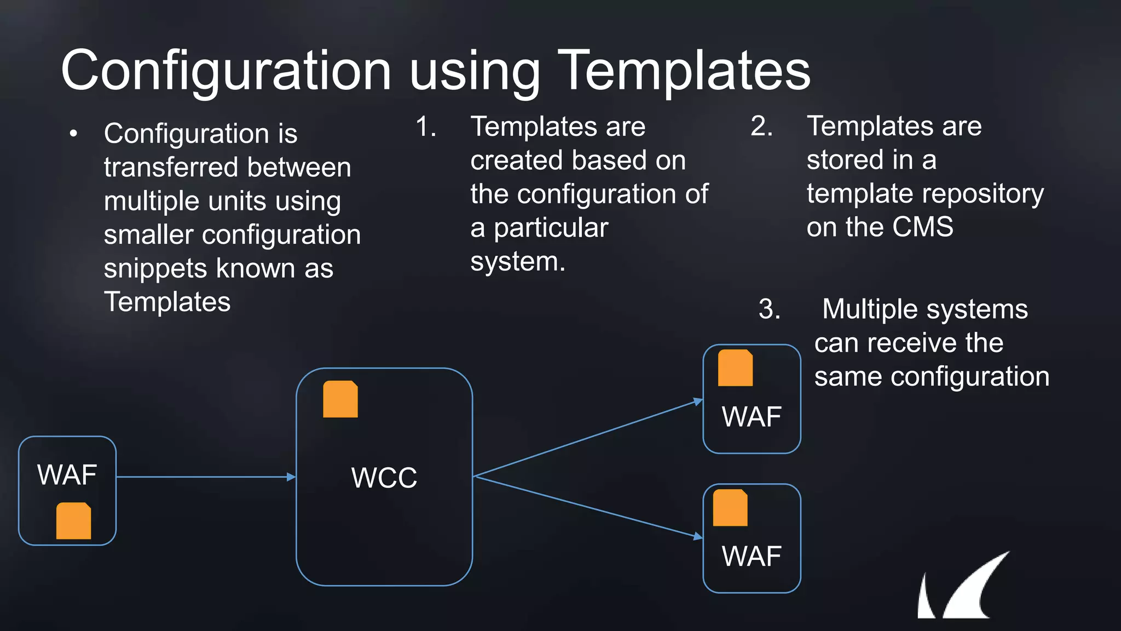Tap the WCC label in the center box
click(x=384, y=478)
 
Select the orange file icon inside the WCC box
click(x=340, y=399)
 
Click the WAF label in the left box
click(x=67, y=474)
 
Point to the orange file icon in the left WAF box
click(x=73, y=521)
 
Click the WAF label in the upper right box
click(x=752, y=417)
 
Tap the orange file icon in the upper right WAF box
click(x=735, y=368)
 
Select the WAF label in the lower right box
click(x=752, y=557)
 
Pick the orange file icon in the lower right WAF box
click(x=730, y=508)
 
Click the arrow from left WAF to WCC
click(x=205, y=477)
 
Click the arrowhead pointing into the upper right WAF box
click(x=698, y=402)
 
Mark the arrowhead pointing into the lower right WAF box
click(x=698, y=536)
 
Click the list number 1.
click(x=425, y=127)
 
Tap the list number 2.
click(x=761, y=127)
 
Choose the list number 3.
click(x=769, y=309)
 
